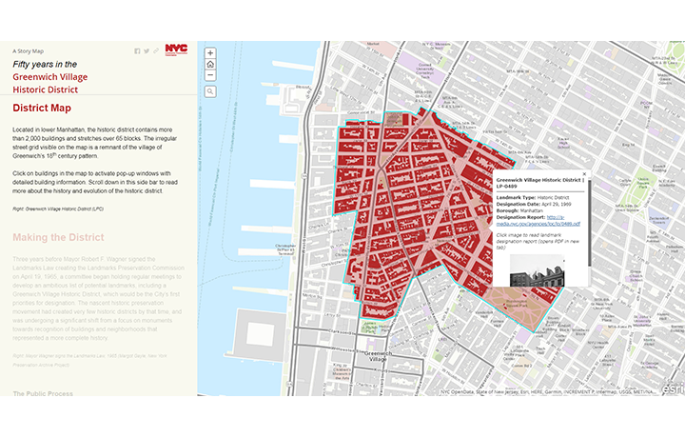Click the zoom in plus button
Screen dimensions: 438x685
(x=210, y=53)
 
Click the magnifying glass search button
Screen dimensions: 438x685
(x=210, y=91)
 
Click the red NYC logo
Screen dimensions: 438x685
(x=175, y=50)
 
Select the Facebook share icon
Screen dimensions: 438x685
(x=137, y=50)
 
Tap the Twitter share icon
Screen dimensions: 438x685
(x=147, y=50)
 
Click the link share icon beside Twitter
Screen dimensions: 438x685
(x=156, y=50)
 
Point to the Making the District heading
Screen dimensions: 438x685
(x=58, y=237)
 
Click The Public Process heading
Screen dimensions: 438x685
(x=44, y=392)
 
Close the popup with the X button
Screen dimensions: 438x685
(x=584, y=173)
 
